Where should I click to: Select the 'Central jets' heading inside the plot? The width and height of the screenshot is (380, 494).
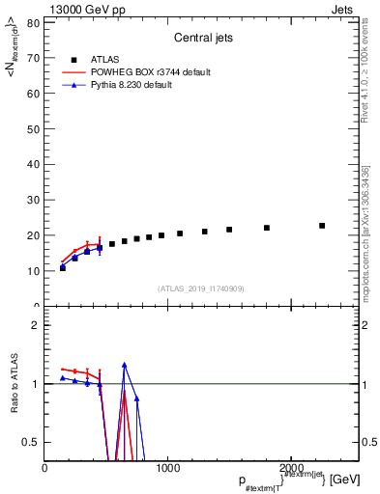click(201, 39)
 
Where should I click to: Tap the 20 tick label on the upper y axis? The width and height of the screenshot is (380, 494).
click(34, 235)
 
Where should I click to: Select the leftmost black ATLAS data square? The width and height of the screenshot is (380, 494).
click(63, 267)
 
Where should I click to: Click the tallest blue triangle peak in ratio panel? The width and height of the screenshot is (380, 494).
click(125, 365)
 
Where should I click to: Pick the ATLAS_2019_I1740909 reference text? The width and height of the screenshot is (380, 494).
click(200, 288)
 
